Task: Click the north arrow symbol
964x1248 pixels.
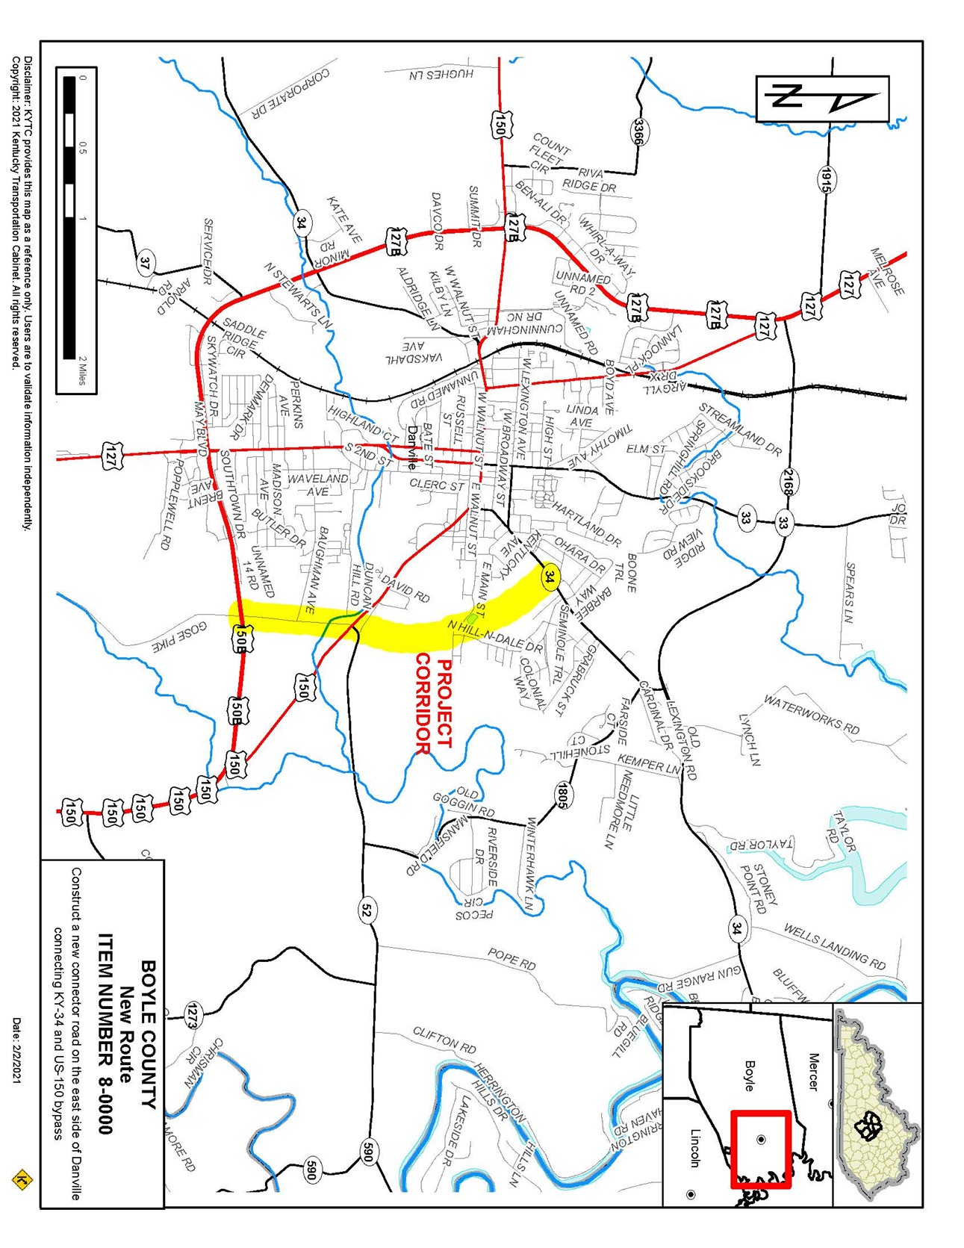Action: coord(822,98)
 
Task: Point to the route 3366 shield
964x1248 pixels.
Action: coord(639,132)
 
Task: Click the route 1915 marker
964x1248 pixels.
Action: coord(826,180)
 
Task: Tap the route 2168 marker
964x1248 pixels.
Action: coord(787,482)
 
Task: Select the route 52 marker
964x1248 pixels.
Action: coord(366,910)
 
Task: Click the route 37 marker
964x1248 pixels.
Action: coord(146,263)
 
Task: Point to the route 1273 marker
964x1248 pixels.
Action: coord(192,1016)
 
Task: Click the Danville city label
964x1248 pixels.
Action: coord(412,448)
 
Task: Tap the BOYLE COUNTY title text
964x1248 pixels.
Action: coord(149,1034)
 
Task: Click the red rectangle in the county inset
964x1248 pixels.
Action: coord(760,1149)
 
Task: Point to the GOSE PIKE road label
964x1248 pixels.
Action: coord(179,636)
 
